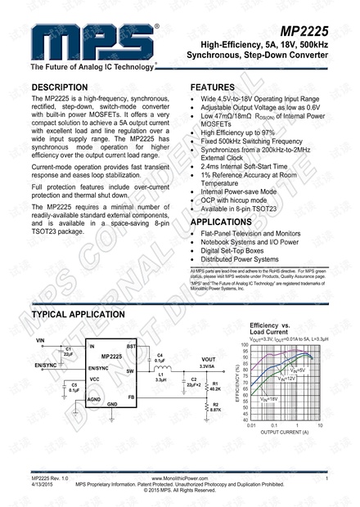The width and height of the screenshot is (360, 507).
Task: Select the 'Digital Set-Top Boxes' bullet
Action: pyautogui.click(x=238, y=251)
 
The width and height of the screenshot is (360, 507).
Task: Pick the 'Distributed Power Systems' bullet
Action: pyautogui.click(x=245, y=260)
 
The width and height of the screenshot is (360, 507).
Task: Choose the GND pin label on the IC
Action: pyautogui.click(x=113, y=404)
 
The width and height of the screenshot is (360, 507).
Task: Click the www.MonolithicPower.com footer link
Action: pyautogui.click(x=179, y=477)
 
